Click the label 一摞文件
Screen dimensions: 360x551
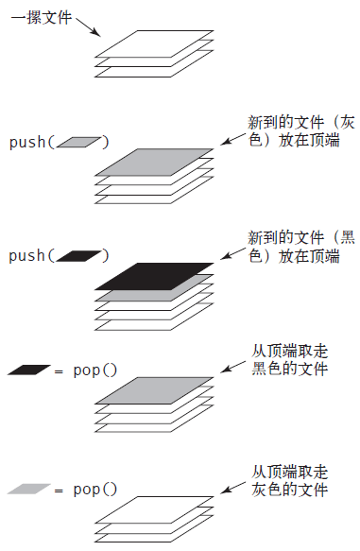coord(42,18)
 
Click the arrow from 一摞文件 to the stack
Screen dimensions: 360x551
coord(88,26)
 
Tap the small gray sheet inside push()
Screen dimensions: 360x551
coord(78,142)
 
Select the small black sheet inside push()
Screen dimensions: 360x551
coord(78,256)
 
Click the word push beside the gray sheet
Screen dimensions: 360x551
coord(27,143)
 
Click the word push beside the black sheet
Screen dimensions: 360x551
coord(27,256)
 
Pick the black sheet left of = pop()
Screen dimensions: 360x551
coord(29,370)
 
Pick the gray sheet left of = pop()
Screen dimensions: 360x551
coord(29,489)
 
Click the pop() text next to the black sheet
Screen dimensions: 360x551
coord(94,370)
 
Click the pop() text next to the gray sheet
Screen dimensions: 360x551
coord(94,490)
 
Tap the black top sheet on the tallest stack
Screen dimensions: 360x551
coord(154,276)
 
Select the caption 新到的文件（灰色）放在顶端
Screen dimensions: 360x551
coord(301,130)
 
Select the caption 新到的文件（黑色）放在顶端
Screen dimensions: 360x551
coord(301,247)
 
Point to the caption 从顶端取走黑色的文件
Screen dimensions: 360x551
coord(289,359)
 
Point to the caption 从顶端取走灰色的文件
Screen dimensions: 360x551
coord(289,480)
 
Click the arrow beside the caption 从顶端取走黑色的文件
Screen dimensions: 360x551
coord(232,367)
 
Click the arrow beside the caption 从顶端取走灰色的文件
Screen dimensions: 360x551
coord(232,488)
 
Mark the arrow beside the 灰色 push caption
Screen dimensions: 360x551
coord(232,139)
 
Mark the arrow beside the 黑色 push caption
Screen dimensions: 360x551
coord(232,253)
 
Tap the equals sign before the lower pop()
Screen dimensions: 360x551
coord(59,491)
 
